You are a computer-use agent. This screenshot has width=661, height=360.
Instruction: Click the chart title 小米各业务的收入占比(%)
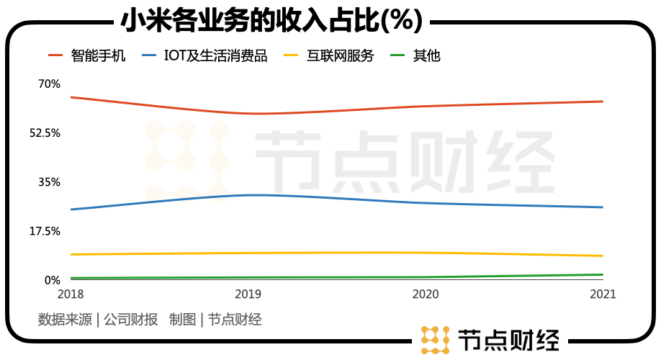(x=271, y=19)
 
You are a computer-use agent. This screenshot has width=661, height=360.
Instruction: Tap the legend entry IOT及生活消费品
(x=217, y=56)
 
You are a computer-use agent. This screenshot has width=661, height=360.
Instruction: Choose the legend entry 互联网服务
(x=341, y=56)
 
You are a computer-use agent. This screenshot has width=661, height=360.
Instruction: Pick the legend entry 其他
(x=426, y=56)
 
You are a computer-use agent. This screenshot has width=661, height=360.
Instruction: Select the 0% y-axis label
(x=52, y=280)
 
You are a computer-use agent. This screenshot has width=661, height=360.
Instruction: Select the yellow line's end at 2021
(x=602, y=256)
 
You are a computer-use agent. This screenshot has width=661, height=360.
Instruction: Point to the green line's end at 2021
(x=602, y=274)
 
